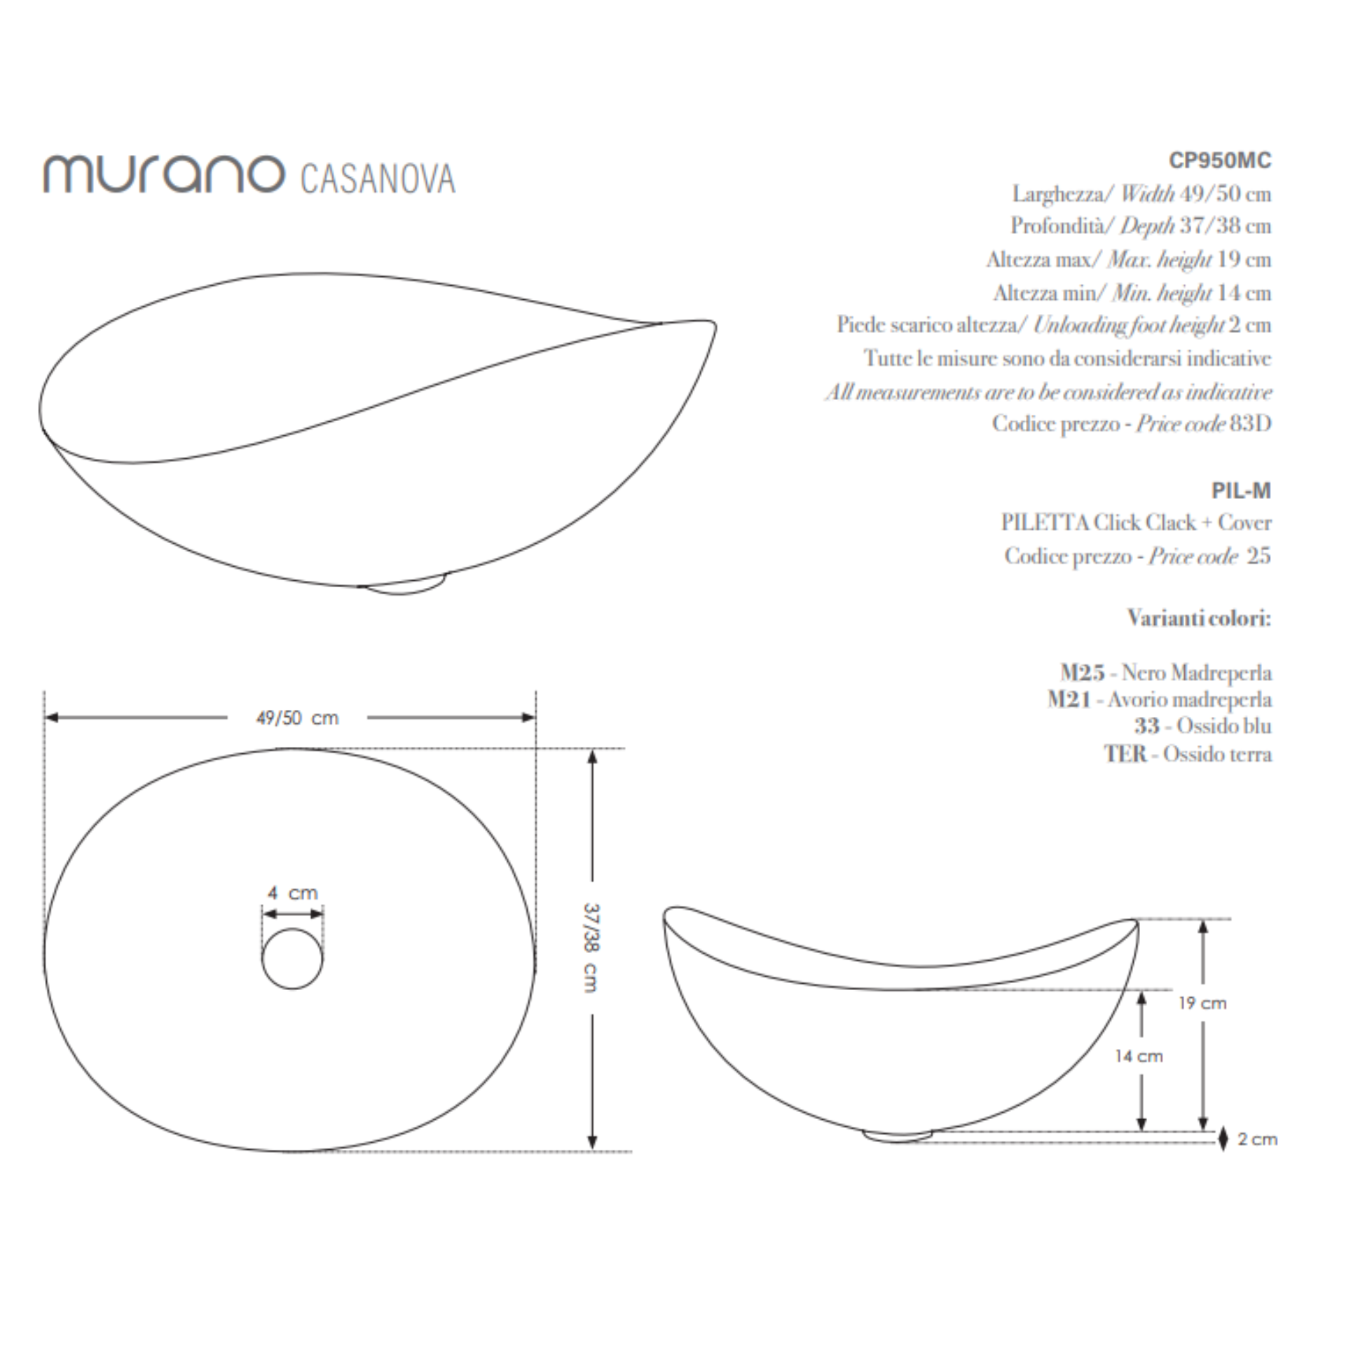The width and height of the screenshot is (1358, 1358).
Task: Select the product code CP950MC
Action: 1219,161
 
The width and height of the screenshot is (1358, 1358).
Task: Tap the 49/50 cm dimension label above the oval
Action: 297,718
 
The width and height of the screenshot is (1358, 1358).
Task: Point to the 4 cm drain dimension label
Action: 292,893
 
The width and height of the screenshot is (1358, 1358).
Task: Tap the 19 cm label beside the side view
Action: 1202,1003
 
